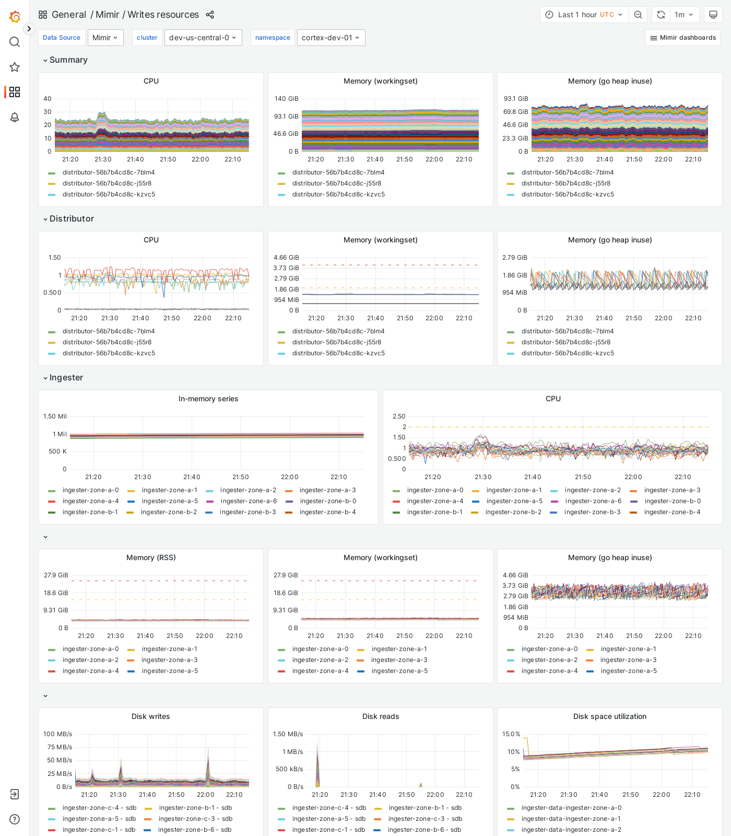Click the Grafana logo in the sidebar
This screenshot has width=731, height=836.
(x=15, y=17)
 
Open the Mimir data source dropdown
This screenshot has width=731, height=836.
(x=105, y=38)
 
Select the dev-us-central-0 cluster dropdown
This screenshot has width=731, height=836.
(x=203, y=38)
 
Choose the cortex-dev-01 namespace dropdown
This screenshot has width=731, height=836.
(x=331, y=38)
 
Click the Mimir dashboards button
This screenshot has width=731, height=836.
(x=682, y=38)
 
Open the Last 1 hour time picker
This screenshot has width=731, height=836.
(x=584, y=15)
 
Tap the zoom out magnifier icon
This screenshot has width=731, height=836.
(x=638, y=15)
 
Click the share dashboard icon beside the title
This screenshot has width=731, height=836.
(x=210, y=15)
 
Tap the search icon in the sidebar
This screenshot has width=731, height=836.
(x=15, y=42)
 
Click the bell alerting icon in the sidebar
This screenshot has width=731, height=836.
(x=15, y=117)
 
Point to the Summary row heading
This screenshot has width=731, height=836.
(x=68, y=60)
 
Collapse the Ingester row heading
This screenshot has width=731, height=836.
(x=66, y=378)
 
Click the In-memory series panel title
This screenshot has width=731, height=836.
(x=208, y=399)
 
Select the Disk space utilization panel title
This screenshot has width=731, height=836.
(x=610, y=716)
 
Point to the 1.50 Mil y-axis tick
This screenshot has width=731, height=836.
(x=55, y=416)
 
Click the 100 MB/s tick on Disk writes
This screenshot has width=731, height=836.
(x=57, y=734)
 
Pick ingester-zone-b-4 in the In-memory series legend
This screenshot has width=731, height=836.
(x=327, y=512)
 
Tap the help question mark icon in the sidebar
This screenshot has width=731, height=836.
(x=15, y=819)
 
